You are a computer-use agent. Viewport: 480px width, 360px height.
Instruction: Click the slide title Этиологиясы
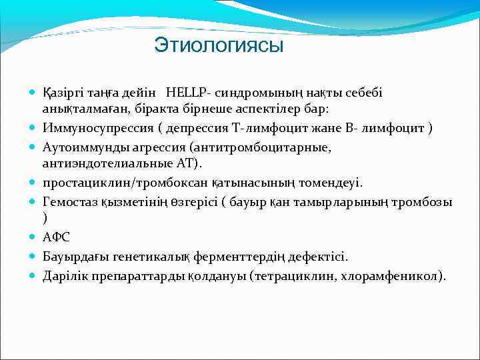219,45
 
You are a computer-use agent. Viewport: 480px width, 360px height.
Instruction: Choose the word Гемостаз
69,202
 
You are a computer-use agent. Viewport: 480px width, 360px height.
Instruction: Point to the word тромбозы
427,202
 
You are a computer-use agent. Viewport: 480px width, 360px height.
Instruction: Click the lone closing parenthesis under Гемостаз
45,218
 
